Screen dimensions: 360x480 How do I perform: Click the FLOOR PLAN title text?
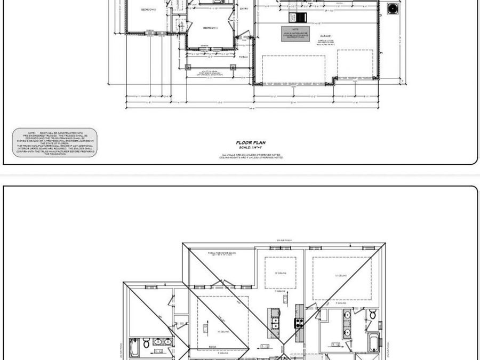pyautogui.click(x=251, y=143)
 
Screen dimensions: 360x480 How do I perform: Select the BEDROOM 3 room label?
pyautogui.click(x=148, y=10)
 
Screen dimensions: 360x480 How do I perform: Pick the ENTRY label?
pyautogui.click(x=244, y=9)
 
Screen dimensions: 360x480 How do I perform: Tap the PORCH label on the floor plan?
pyautogui.click(x=243, y=56)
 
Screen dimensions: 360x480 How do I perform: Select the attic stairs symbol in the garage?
pyautogui.click(x=302, y=17)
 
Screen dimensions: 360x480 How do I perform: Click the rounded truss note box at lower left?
pyautogui.click(x=55, y=142)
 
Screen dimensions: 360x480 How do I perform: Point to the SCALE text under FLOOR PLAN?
pyautogui.click(x=251, y=147)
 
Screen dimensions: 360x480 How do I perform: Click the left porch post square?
pyautogui.click(x=187, y=67)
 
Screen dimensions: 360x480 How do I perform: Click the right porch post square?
pyautogui.click(x=233, y=67)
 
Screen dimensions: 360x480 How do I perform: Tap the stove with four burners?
pyautogui.click(x=299, y=322)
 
